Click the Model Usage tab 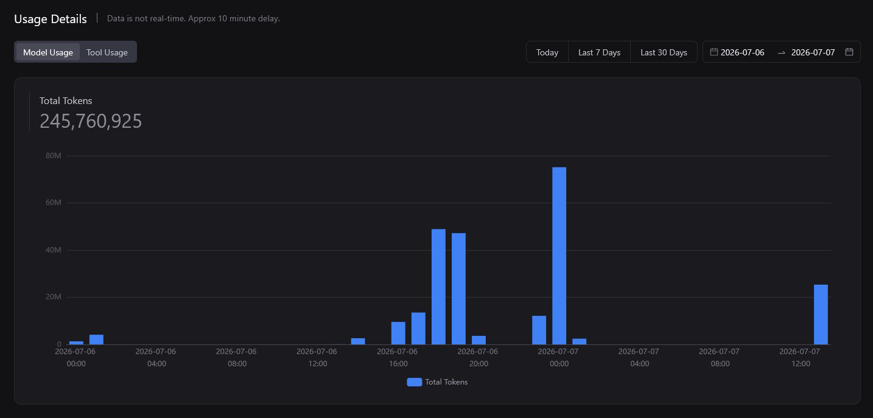[x=48, y=52]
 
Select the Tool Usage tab [x=107, y=52]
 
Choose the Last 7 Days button [x=599, y=52]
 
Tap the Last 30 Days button [x=664, y=52]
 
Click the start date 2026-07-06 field [x=742, y=52]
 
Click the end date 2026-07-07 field [x=813, y=52]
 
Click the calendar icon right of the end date [x=849, y=52]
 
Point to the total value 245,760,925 [x=91, y=121]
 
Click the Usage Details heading [x=51, y=19]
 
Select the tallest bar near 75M [x=559, y=256]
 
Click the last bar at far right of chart [x=821, y=315]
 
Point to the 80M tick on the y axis [x=54, y=156]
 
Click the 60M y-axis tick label [x=54, y=203]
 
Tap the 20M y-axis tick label [x=54, y=297]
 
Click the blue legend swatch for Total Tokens [x=415, y=382]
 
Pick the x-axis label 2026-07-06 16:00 [x=398, y=357]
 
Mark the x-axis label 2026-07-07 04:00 [x=639, y=357]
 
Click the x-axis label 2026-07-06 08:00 [x=236, y=357]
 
